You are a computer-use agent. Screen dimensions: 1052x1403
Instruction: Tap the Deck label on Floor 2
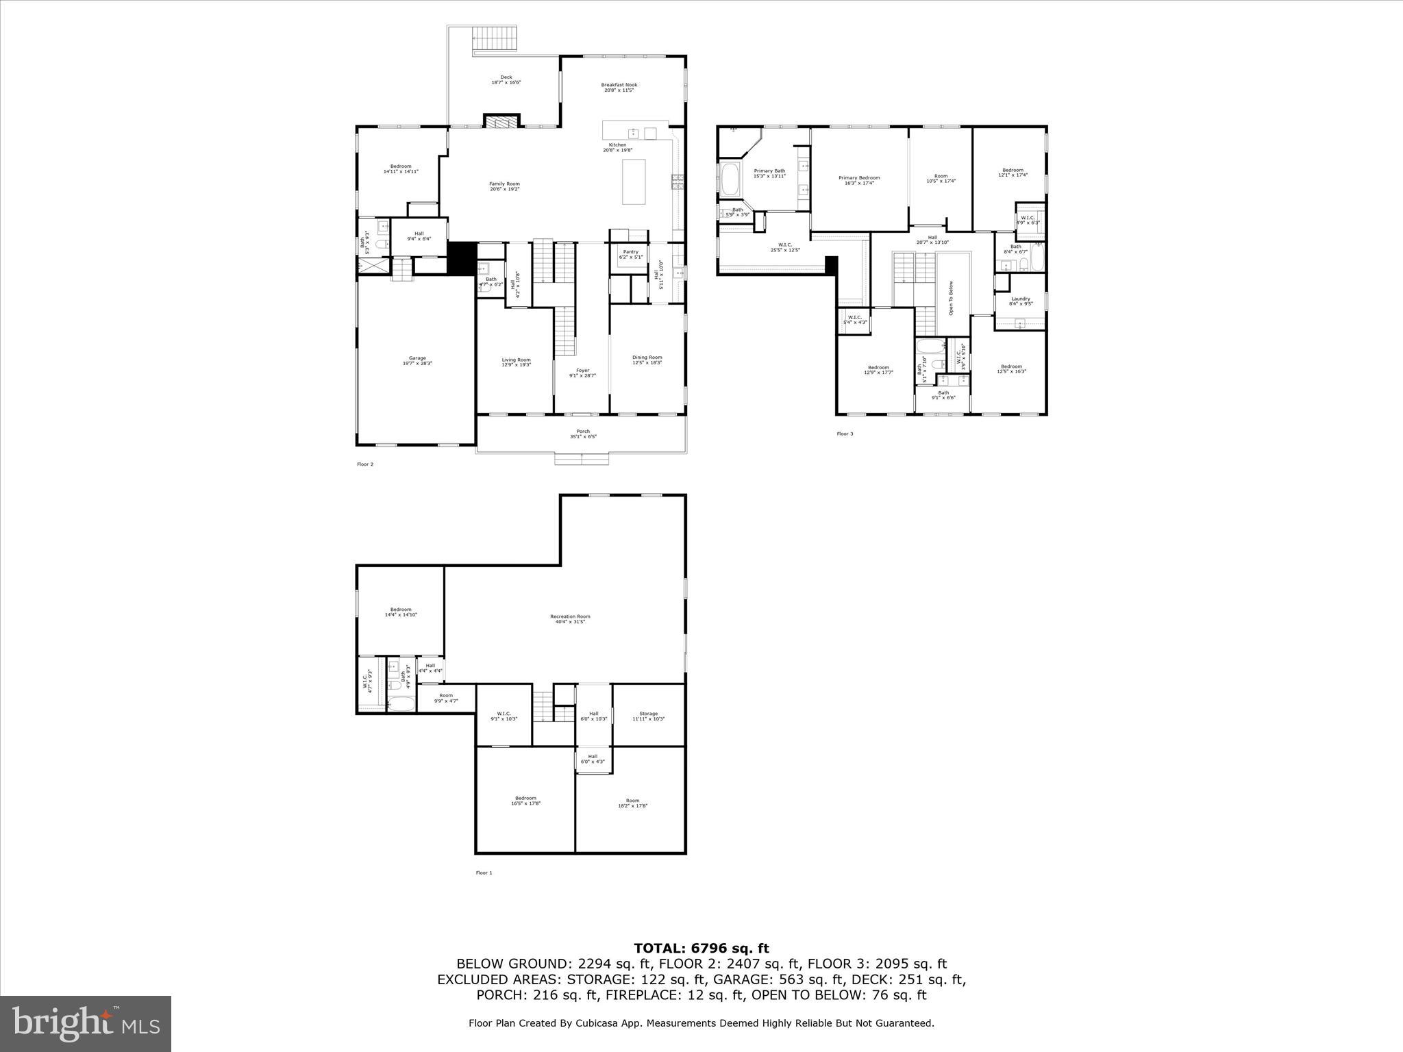506,79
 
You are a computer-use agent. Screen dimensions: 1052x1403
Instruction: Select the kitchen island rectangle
634,181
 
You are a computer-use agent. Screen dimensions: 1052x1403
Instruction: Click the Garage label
417,360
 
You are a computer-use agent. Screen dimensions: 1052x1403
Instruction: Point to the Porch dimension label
582,434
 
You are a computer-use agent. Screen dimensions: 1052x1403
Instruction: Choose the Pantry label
630,254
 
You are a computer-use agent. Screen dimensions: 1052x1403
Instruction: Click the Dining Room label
647,360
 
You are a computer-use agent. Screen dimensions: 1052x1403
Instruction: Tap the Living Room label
516,362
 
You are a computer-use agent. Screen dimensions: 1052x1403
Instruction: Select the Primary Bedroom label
859,180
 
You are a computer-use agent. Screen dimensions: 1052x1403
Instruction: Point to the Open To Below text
951,298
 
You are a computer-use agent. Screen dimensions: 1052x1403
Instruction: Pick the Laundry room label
1020,301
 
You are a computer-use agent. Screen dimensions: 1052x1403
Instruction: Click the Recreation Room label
569,618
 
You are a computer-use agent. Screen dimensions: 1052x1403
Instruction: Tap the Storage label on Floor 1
648,716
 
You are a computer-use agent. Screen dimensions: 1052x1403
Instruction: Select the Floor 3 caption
845,434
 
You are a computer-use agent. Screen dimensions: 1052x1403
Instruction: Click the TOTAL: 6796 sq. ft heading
701,948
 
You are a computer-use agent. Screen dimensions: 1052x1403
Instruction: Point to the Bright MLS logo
86,1023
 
